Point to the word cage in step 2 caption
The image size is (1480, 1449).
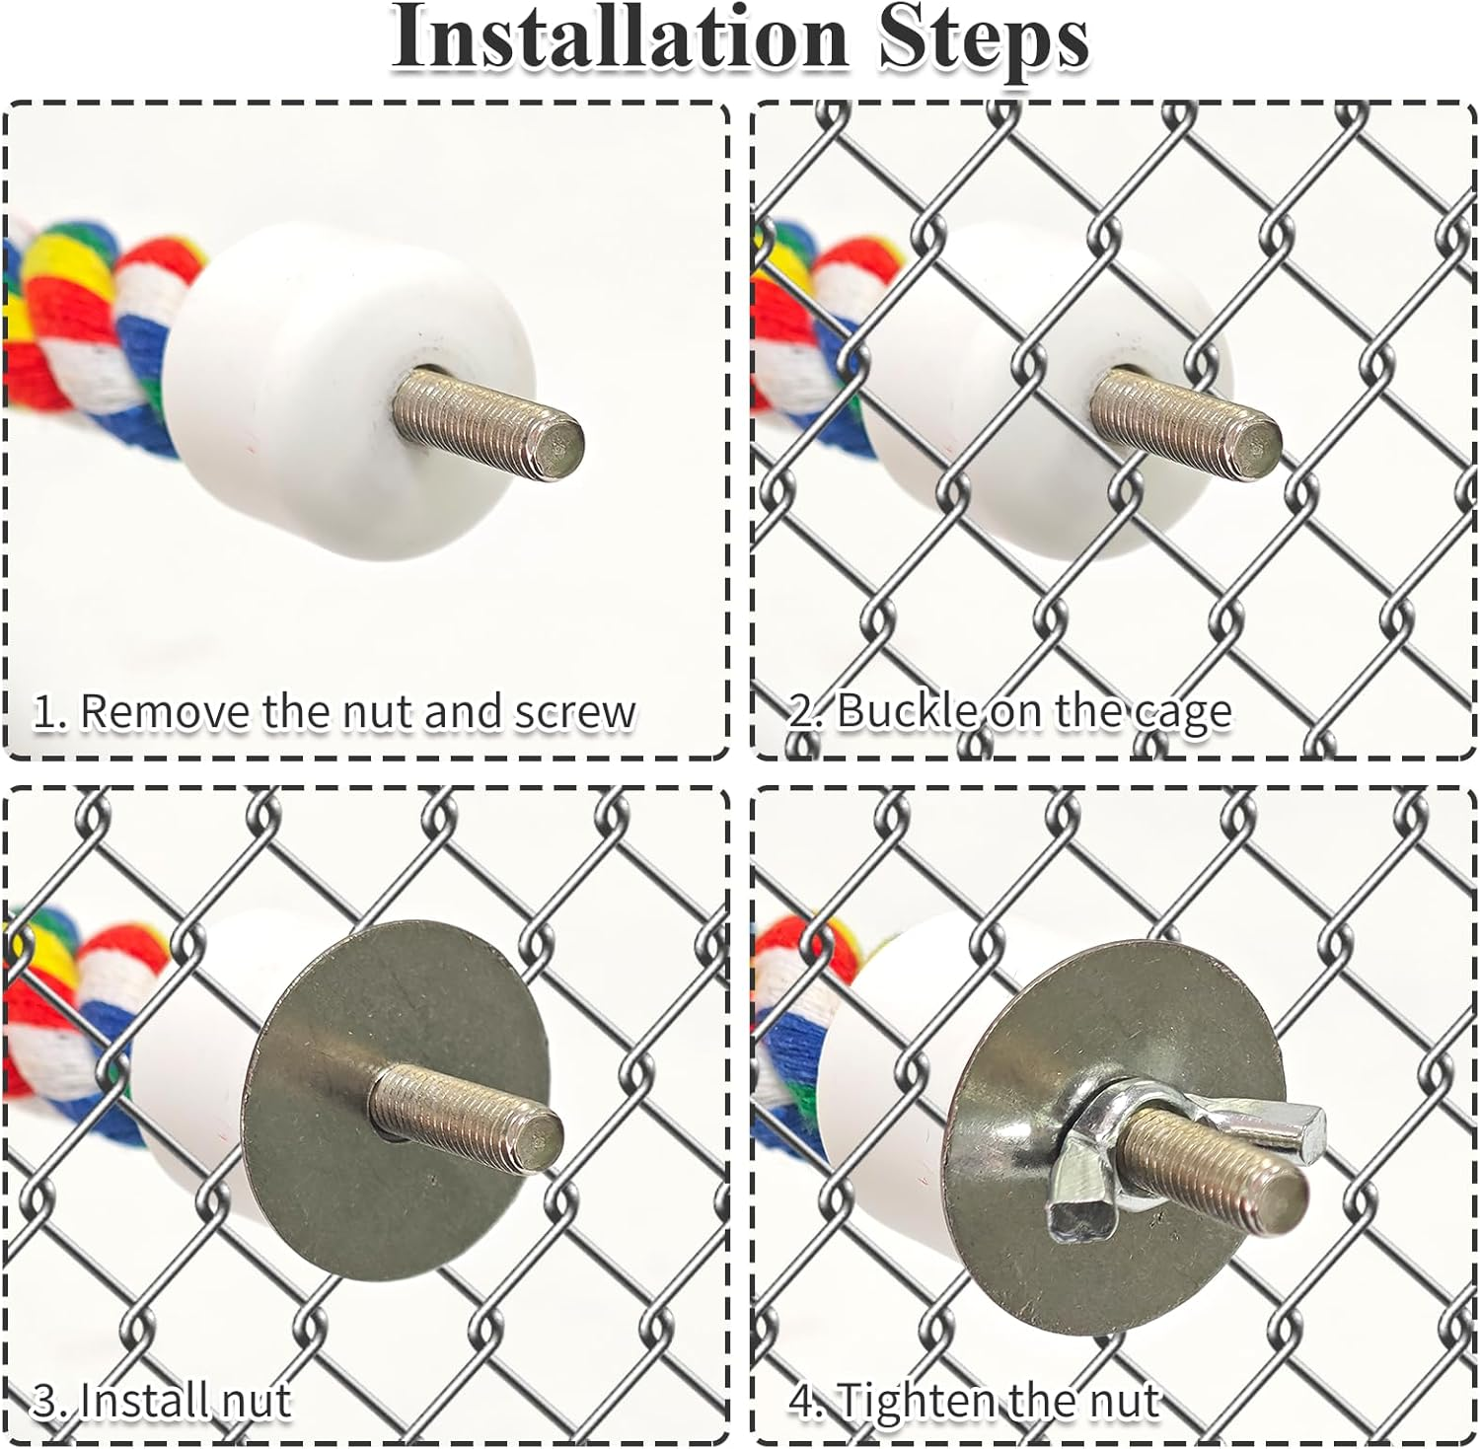point(1179,715)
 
